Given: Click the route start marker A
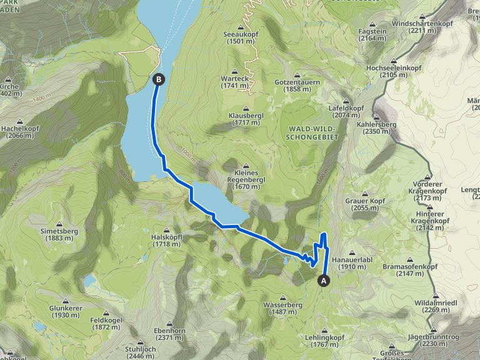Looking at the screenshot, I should (324, 281).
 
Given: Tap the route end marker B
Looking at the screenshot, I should (159, 79).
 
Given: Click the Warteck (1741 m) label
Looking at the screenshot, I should (235, 84).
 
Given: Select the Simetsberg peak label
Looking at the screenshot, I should (59, 234).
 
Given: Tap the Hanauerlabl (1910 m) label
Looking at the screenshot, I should (352, 262).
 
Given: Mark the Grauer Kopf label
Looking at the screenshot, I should (366, 204).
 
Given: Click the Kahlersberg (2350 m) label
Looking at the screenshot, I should (377, 127).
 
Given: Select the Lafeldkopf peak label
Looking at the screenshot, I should (346, 111).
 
